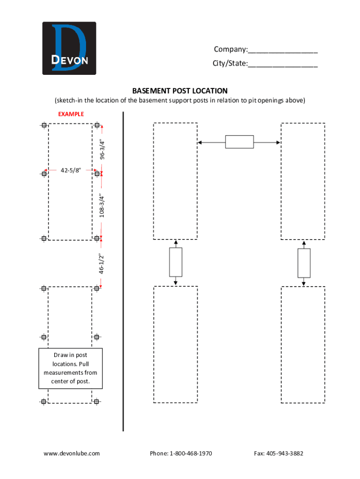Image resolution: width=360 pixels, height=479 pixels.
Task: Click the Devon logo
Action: coord(69,48)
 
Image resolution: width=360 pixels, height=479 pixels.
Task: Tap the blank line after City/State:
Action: coord(283,64)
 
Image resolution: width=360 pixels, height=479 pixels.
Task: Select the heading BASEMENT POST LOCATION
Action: coord(180,91)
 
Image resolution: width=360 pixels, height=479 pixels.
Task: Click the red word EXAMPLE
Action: coord(71,114)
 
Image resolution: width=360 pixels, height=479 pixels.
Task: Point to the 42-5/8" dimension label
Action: coord(71,170)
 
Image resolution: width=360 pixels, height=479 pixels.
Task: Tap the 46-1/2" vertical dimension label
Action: coord(101,264)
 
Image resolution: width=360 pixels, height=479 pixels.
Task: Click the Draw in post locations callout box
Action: coord(70,369)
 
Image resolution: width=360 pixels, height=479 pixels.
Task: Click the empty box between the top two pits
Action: coord(239,142)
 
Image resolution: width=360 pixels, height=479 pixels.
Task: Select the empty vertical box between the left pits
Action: coord(175,262)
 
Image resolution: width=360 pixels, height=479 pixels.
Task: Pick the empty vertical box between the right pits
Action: coord(304,263)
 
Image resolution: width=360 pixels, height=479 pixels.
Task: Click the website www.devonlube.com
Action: coord(72,453)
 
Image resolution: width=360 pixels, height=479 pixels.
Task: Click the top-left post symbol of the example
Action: coord(44,125)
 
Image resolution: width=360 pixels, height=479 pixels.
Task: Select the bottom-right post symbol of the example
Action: coord(96,401)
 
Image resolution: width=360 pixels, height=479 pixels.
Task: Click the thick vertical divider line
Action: coord(123,271)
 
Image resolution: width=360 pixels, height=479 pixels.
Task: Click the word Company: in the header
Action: coord(230,50)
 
